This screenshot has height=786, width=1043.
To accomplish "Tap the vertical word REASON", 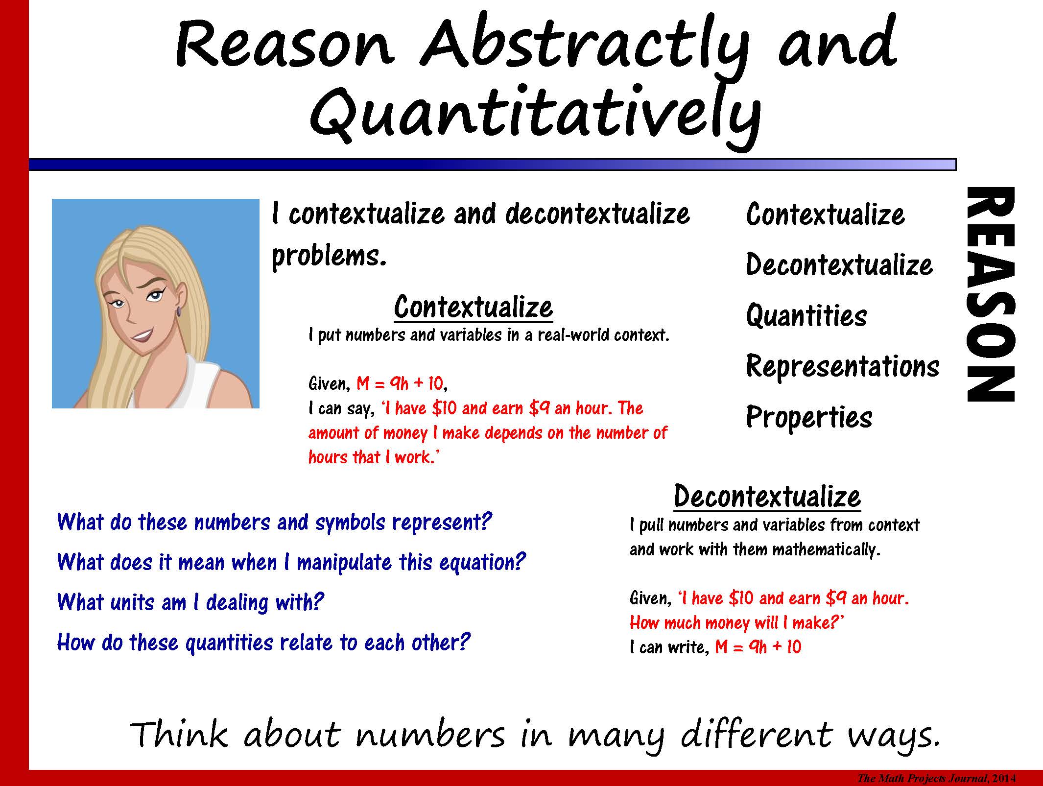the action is (990, 294).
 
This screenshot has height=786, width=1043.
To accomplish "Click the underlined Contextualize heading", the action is (473, 307).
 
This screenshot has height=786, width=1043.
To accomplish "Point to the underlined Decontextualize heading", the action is (767, 496).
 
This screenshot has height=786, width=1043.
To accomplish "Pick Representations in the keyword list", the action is (843, 366).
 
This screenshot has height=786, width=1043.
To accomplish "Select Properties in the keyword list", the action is (809, 417).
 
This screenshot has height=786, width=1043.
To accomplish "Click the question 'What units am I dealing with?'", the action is (190, 602).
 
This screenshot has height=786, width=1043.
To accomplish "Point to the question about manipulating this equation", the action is (291, 562).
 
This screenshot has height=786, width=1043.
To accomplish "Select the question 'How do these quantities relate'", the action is (263, 642).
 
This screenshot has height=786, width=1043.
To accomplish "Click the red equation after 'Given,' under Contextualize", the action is (401, 383).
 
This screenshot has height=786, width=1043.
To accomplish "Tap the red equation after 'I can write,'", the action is (758, 647).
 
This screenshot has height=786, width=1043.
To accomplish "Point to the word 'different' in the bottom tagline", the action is (757, 736).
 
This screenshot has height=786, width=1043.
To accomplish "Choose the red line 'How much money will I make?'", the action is (737, 622).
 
